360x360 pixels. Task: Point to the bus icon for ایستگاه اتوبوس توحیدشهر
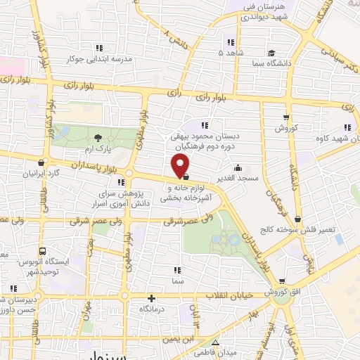click(43, 250)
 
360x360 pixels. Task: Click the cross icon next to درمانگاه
click(151, 298)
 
